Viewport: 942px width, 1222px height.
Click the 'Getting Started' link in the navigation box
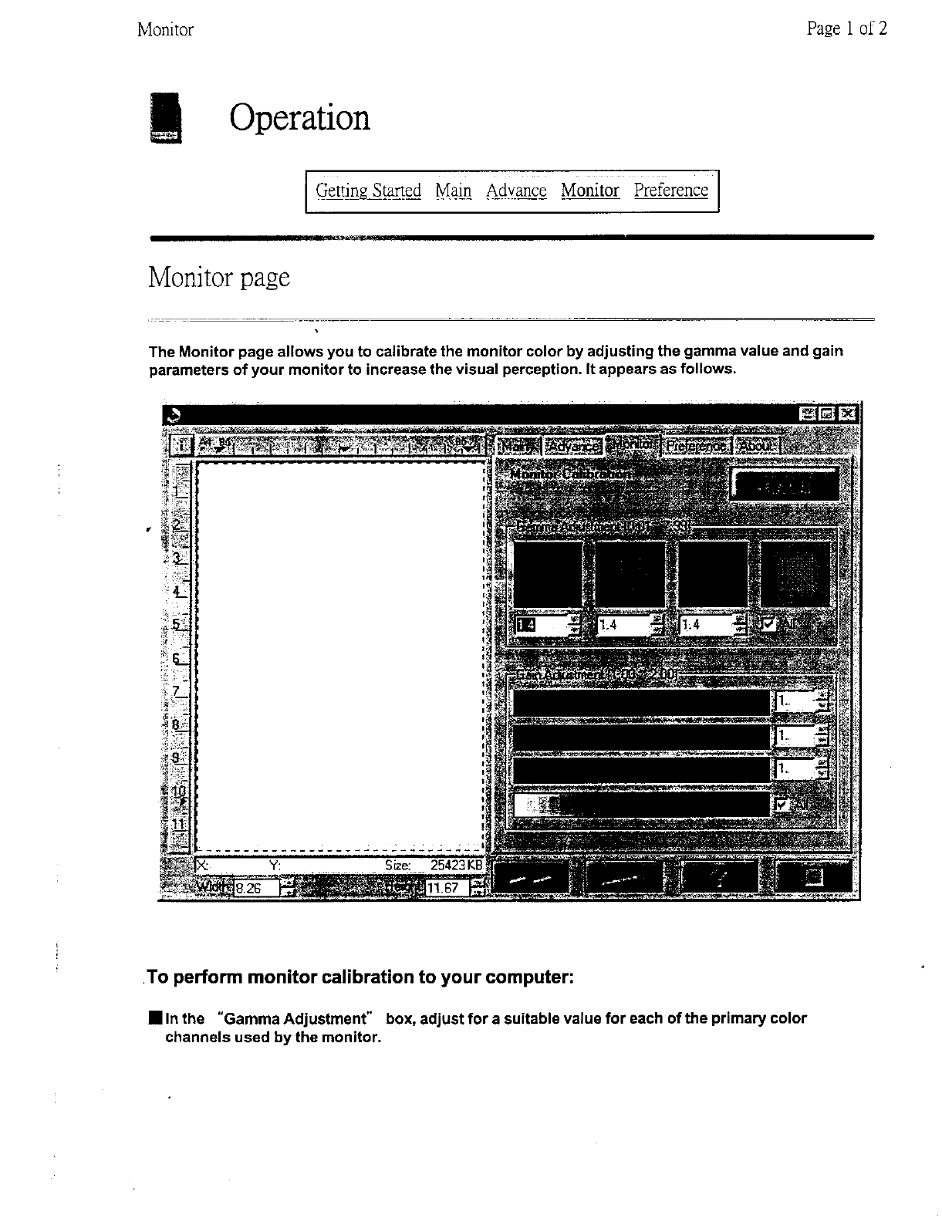click(368, 191)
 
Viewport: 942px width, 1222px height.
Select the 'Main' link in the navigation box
click(453, 191)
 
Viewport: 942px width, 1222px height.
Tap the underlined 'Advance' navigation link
click(516, 191)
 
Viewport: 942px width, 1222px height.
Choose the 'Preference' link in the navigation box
click(670, 191)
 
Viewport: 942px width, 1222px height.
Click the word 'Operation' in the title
click(299, 118)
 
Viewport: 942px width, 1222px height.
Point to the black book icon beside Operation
click(164, 118)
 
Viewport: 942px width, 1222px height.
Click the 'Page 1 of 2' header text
click(846, 29)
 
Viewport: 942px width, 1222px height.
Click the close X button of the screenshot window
click(847, 414)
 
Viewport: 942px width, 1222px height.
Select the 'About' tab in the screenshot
click(758, 446)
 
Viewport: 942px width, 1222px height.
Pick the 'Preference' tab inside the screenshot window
click(697, 446)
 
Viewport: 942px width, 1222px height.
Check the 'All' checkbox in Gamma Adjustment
click(768, 623)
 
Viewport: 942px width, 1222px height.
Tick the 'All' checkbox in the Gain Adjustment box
click(782, 805)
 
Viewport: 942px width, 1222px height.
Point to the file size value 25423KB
click(456, 866)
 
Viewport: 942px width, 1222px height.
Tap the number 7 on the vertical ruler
click(177, 691)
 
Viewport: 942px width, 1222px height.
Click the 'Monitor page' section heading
click(219, 277)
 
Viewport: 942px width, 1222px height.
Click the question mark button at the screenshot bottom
click(720, 878)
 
